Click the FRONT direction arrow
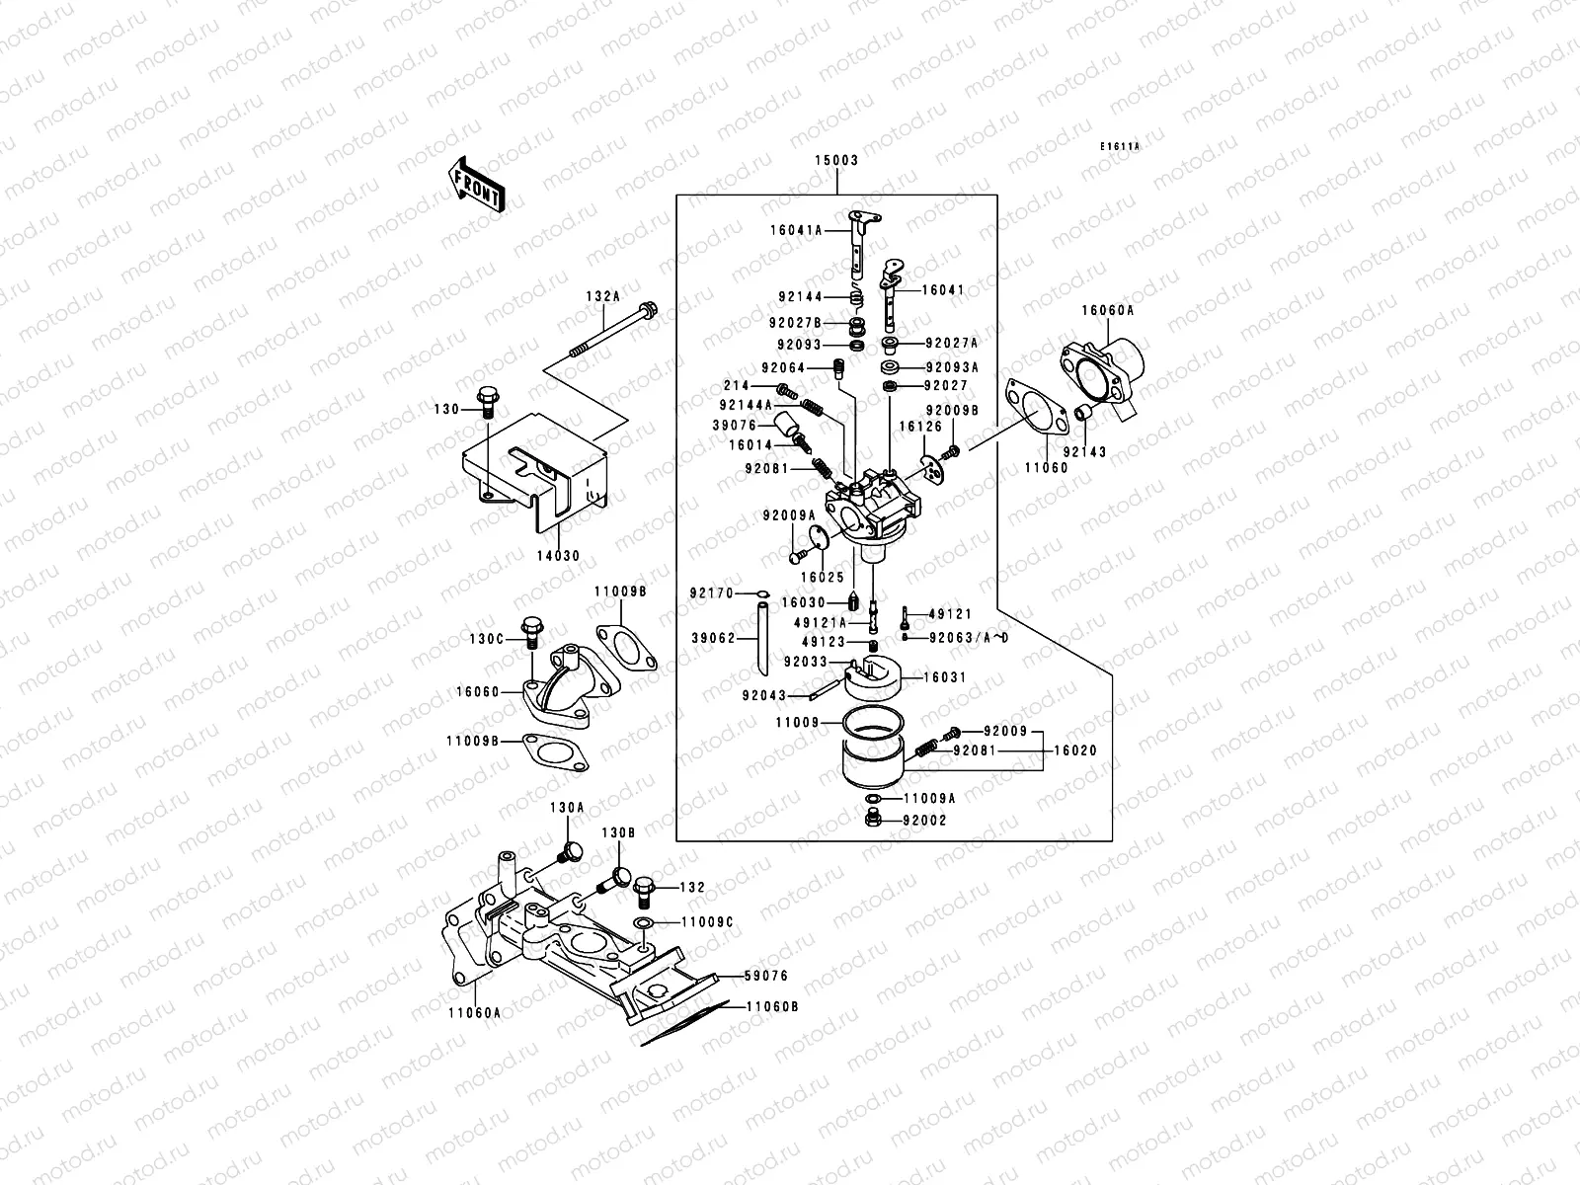pyautogui.click(x=476, y=185)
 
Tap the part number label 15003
pyautogui.click(x=836, y=160)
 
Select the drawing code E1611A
pyautogui.click(x=1119, y=147)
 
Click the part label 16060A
pyautogui.click(x=1107, y=310)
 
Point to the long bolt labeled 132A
pyautogui.click(x=613, y=330)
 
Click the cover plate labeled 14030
pyautogui.click(x=535, y=472)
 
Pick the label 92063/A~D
pyautogui.click(x=969, y=638)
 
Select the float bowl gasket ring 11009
pyautogui.click(x=873, y=722)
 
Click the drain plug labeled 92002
pyautogui.click(x=873, y=818)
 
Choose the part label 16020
pyautogui.click(x=1075, y=750)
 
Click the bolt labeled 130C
pyautogui.click(x=531, y=632)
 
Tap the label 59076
pyautogui.click(x=766, y=976)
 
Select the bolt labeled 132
pyautogui.click(x=644, y=892)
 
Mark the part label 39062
pyautogui.click(x=713, y=638)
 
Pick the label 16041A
pyautogui.click(x=796, y=230)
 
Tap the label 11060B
pyautogui.click(x=772, y=1006)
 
